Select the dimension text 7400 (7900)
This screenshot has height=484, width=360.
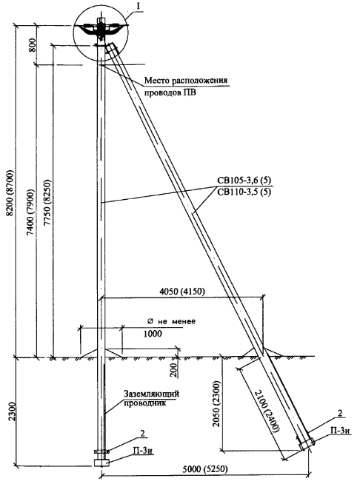[x=30, y=212]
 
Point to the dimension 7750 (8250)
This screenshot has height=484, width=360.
[x=47, y=202]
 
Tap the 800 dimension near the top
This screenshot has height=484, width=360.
[x=33, y=45]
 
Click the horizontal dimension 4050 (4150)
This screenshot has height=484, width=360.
[x=182, y=292]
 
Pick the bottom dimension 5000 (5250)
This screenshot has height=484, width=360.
[x=205, y=469]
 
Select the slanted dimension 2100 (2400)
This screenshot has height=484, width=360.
[x=267, y=411]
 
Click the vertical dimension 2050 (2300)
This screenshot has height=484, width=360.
[x=216, y=404]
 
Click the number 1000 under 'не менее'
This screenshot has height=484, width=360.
[x=153, y=334]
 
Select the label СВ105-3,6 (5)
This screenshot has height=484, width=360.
[x=244, y=181]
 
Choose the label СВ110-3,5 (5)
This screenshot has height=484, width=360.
[x=244, y=192]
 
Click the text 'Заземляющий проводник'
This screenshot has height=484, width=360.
[x=151, y=398]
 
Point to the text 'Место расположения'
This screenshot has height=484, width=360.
[x=186, y=81]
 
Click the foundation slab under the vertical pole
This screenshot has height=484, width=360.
[x=101, y=463]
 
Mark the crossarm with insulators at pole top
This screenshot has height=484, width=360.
[x=101, y=29]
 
